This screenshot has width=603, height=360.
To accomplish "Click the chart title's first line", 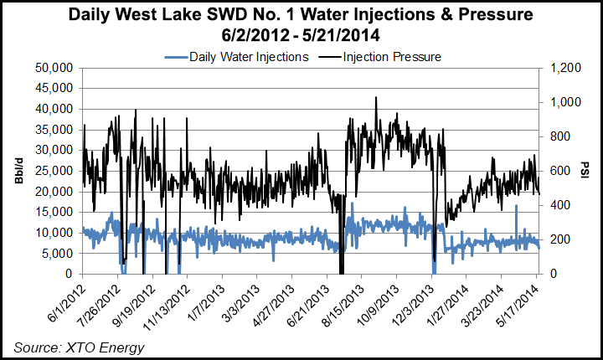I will tap(301, 15).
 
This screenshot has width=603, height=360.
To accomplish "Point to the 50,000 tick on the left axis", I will tap(56, 67).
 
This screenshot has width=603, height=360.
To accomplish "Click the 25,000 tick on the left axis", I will tap(56, 171).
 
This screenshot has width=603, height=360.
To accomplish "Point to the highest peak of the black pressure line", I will tap(376, 97).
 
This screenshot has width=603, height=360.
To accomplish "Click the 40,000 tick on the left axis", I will tap(56, 109).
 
